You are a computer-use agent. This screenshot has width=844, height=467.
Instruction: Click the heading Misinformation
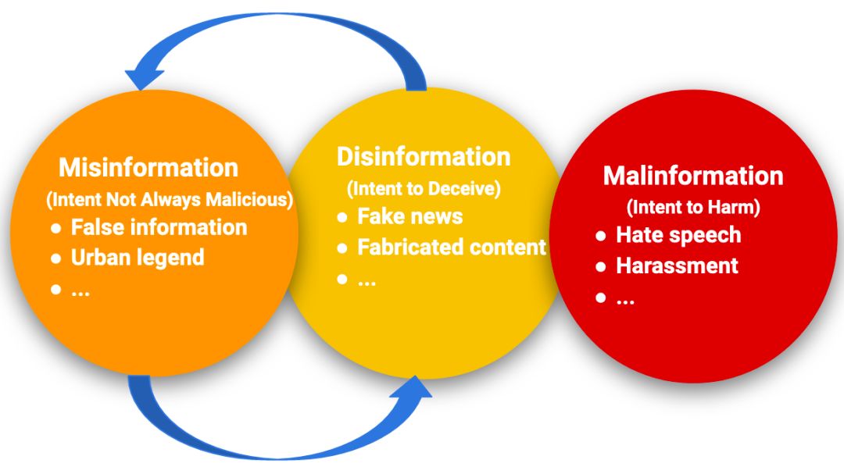(148, 167)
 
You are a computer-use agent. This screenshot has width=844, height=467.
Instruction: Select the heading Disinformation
(424, 156)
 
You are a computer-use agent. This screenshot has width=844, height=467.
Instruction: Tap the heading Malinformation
(693, 176)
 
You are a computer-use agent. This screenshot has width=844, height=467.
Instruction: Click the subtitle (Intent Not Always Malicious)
(170, 200)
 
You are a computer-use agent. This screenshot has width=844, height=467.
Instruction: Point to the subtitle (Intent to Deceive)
(424, 188)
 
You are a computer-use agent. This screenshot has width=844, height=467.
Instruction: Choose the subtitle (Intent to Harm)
(693, 208)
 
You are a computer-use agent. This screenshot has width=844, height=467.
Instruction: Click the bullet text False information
(159, 227)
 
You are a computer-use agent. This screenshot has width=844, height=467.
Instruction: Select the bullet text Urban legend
(138, 258)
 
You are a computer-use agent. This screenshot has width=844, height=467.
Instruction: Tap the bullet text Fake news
(410, 216)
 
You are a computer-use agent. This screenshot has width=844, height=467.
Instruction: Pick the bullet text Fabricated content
(452, 248)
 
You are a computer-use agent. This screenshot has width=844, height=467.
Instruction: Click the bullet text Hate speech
(678, 235)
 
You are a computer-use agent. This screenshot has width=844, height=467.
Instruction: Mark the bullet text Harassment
(677, 266)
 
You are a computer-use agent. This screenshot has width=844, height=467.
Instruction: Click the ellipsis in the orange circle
(80, 291)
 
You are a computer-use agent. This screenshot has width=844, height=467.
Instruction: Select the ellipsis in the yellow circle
(367, 280)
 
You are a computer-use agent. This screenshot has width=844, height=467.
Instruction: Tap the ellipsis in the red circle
(625, 298)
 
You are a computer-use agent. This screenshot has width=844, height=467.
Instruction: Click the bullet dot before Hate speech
(600, 236)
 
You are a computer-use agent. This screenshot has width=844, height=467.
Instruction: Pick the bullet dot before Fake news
(342, 217)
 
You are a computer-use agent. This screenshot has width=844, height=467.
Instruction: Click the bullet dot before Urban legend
(55, 258)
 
